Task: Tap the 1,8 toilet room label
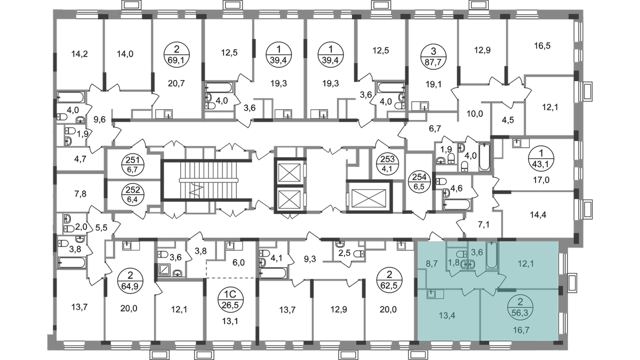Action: (x=454, y=262)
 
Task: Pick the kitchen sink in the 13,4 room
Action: (x=433, y=293)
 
